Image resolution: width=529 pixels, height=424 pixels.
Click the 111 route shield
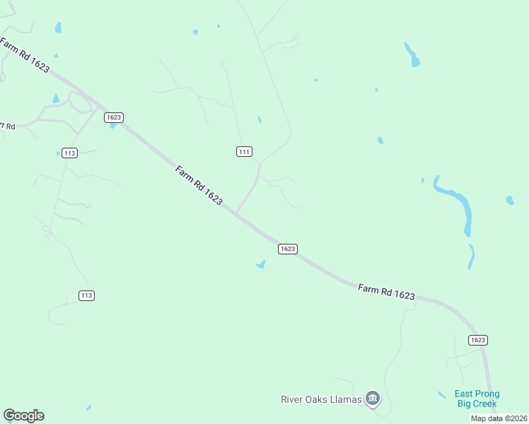(244, 152)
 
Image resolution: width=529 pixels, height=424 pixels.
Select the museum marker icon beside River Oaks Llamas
(373, 399)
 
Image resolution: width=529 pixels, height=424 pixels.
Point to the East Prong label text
(477, 394)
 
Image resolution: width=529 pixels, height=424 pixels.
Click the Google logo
(23, 416)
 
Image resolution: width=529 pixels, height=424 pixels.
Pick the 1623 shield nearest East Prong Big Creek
(478, 340)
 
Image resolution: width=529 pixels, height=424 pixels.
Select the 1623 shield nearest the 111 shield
(287, 249)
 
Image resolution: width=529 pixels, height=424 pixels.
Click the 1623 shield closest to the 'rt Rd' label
(114, 117)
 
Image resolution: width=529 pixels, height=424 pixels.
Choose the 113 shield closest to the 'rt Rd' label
(69, 153)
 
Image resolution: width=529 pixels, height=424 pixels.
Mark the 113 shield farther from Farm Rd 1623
(86, 295)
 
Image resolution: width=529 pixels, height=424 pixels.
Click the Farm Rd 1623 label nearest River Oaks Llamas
(386, 292)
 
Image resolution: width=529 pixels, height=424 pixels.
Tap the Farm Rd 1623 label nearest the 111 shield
(199, 185)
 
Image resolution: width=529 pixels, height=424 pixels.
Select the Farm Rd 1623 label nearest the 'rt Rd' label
(25, 56)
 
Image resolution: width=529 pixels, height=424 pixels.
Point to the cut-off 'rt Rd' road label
(7, 126)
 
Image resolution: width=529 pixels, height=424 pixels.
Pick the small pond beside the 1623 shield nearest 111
(261, 264)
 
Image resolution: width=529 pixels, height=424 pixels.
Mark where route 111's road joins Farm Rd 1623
(236, 213)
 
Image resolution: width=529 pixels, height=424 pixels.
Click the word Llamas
(346, 399)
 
